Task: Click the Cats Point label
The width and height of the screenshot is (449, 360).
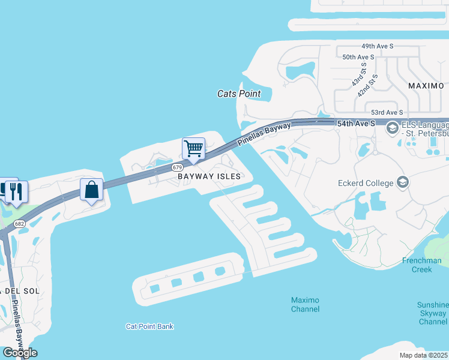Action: [x=239, y=94]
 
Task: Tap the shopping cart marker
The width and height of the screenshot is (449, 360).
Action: [x=193, y=148]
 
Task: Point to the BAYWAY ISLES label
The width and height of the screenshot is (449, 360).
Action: [x=209, y=176]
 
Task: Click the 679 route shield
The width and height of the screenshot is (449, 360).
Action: [x=176, y=167]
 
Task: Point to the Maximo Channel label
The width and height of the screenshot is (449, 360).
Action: [x=305, y=304]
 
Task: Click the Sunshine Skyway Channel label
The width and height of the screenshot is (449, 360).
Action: [x=433, y=313]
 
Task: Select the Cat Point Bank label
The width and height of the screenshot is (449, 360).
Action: [x=149, y=326]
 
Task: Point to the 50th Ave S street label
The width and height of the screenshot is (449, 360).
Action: [x=358, y=57]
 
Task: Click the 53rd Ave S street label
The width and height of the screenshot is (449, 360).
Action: [x=387, y=112]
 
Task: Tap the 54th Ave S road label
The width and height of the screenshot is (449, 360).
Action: [x=356, y=124]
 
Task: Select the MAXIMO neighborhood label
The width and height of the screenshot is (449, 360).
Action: [x=426, y=86]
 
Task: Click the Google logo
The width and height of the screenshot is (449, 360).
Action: [x=19, y=353]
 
